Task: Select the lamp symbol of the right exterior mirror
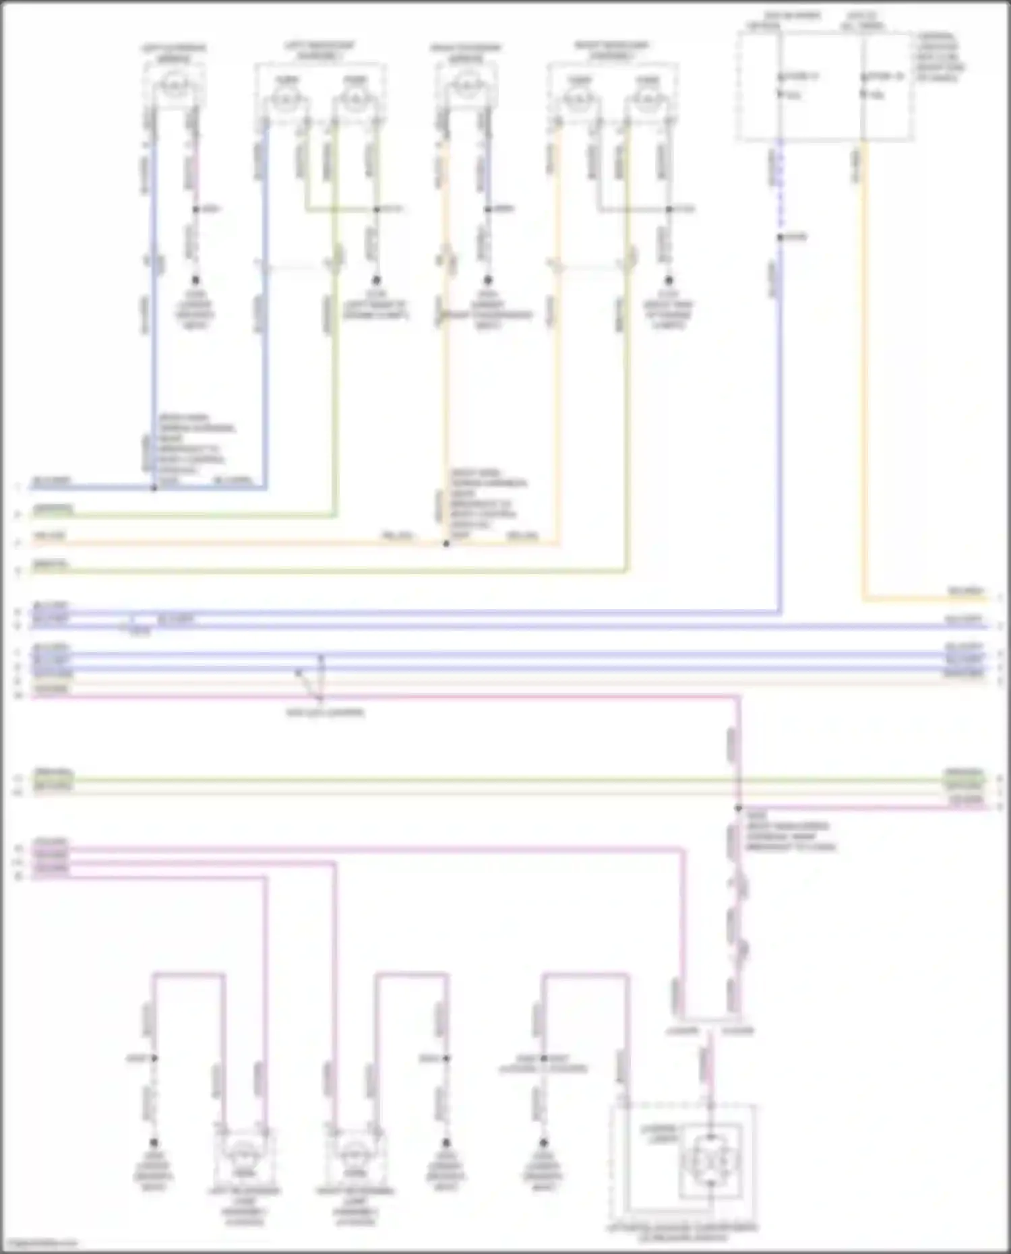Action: click(x=465, y=86)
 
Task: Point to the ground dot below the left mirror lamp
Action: click(x=195, y=280)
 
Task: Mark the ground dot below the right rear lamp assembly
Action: click(x=669, y=280)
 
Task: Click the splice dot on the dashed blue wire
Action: click(x=780, y=237)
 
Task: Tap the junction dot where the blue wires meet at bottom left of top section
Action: click(x=154, y=487)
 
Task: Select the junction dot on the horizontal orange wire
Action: click(x=446, y=543)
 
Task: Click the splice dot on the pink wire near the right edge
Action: click(x=739, y=808)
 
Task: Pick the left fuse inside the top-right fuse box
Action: click(x=780, y=84)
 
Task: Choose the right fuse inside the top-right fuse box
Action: click(x=863, y=84)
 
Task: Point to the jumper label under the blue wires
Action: click(x=326, y=712)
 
